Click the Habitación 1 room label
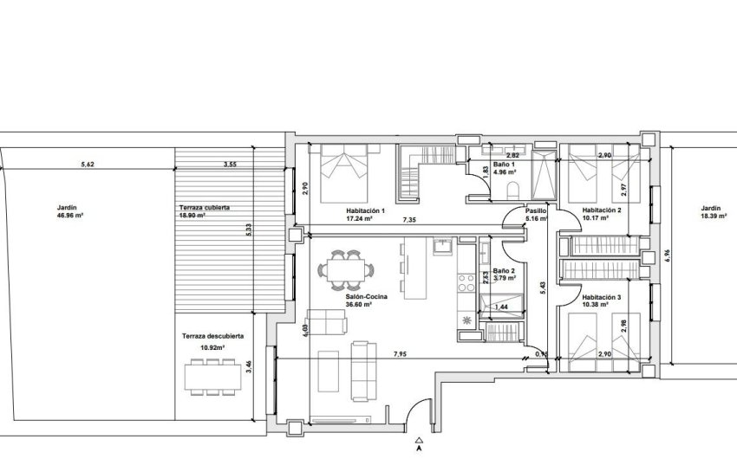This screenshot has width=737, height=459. click(x=365, y=210)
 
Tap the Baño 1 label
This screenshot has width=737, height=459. click(x=505, y=165)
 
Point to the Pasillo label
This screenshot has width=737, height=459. click(x=536, y=210)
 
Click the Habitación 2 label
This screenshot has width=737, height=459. click(x=602, y=210)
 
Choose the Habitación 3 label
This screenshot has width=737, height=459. click(x=602, y=297)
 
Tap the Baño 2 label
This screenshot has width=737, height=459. click(x=505, y=271)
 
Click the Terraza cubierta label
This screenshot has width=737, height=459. click(x=205, y=208)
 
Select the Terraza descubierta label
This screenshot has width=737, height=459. click(x=212, y=336)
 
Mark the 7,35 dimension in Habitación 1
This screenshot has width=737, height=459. click(x=408, y=220)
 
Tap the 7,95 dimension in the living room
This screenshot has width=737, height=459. click(x=401, y=354)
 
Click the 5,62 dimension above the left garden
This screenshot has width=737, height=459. click(x=88, y=164)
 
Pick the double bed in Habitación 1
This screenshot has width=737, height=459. click(x=345, y=170)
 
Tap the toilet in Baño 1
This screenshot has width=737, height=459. click(x=512, y=190)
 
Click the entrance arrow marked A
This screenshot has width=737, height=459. click(x=419, y=440)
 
